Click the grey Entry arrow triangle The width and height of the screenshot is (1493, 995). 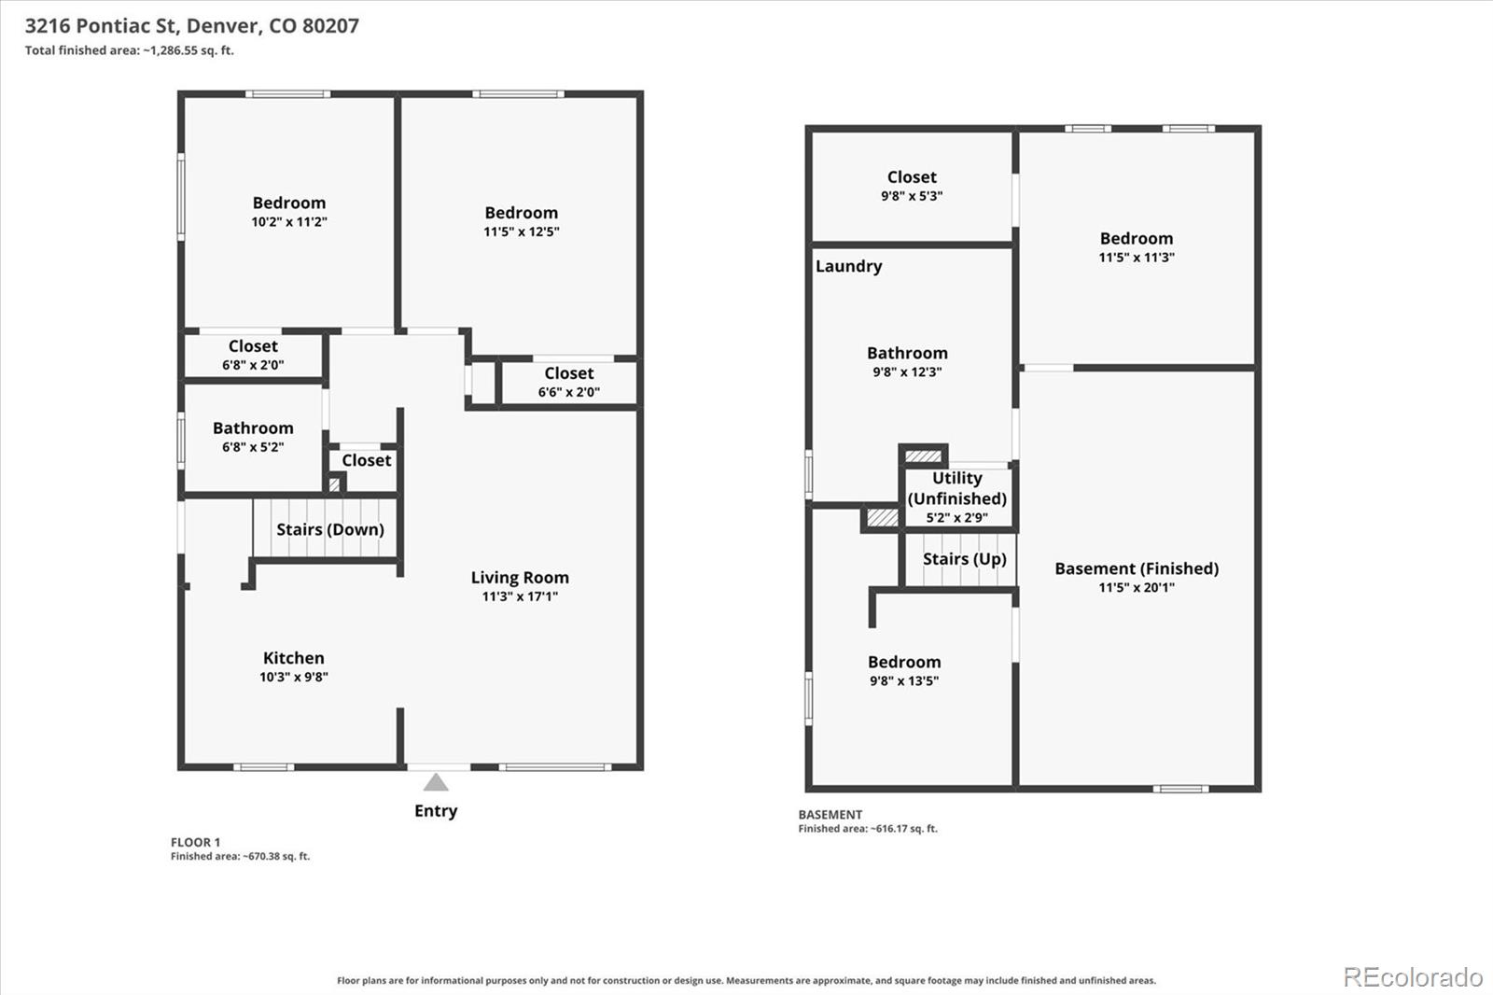pos(436,782)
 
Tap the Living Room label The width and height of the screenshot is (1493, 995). pos(520,578)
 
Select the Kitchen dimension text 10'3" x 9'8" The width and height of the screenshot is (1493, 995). pos(294,677)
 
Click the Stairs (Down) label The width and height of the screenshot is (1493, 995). pos(330,529)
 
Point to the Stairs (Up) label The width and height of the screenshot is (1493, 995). pos(965,559)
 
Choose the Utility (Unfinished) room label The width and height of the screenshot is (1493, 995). pos(957,488)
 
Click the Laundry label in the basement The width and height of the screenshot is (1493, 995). pos(848,266)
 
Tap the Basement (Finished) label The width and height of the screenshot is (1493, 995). pos(1137,568)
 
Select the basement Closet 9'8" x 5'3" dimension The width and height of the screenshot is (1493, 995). pos(912,196)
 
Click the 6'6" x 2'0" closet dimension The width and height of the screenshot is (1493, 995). pos(569,392)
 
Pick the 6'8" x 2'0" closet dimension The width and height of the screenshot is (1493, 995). pos(253,365)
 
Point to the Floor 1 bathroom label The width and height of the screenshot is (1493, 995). pos(253,428)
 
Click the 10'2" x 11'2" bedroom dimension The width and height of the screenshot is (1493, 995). pos(289,222)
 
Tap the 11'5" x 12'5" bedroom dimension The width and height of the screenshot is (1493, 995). pos(522,232)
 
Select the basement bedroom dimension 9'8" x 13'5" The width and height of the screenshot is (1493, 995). pos(904,680)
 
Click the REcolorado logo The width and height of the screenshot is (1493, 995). pos(1413,977)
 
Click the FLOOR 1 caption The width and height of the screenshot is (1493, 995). pos(195,842)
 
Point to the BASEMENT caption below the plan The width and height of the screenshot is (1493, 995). pos(830,814)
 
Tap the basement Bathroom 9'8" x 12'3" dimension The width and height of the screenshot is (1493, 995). pos(907,372)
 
